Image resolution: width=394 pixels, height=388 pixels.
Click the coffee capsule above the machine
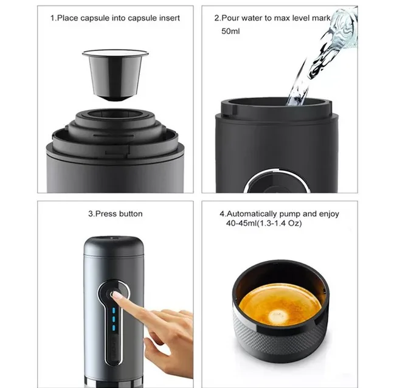(116, 75)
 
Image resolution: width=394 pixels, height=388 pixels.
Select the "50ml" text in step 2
(230, 31)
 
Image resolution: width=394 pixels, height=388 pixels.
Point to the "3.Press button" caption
(116, 213)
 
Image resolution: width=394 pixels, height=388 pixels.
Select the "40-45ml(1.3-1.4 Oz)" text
(264, 223)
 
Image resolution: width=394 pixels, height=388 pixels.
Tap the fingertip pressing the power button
(116, 295)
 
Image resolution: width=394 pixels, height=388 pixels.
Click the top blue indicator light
(114, 311)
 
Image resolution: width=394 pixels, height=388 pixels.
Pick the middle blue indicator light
(114, 319)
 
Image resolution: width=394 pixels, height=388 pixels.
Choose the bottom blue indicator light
(114, 328)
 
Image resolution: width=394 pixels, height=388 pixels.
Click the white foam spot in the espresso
(277, 315)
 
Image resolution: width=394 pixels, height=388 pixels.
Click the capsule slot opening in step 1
(115, 114)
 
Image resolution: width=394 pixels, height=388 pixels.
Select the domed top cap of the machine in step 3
(114, 246)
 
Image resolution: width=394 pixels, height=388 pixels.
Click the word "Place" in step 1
(67, 18)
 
